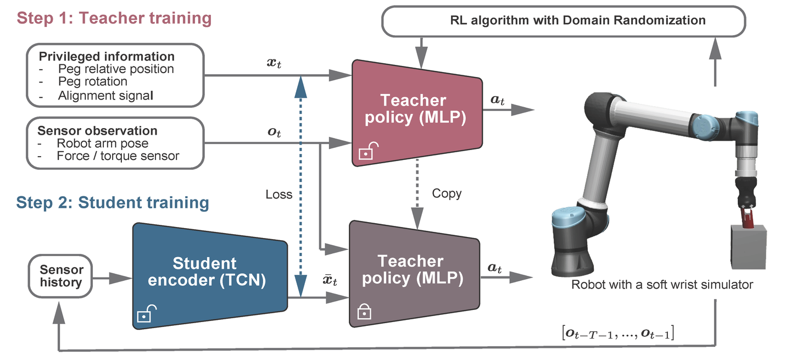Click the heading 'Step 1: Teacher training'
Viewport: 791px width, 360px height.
114,18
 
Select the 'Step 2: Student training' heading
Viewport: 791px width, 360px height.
113,202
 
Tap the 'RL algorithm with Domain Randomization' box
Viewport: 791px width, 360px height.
563,21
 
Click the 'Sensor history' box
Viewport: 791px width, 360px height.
61,276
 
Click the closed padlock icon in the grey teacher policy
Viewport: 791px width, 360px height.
364,312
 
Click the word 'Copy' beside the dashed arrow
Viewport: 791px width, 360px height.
447,193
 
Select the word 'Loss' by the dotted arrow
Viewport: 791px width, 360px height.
279,194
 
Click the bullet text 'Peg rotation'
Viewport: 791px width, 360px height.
92,82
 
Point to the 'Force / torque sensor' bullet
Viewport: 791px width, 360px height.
118,156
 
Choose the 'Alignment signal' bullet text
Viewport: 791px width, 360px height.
105,95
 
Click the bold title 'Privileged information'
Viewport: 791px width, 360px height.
106,57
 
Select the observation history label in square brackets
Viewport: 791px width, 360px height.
618,333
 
